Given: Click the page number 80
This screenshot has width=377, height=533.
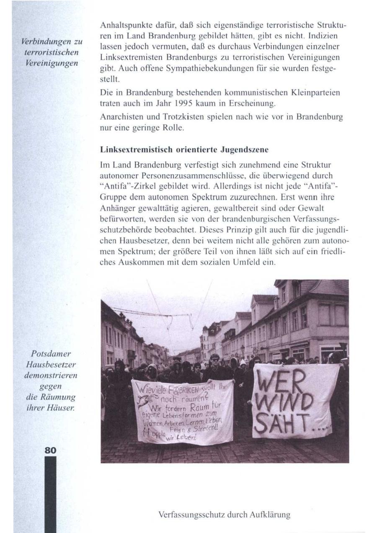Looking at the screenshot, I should (50, 451).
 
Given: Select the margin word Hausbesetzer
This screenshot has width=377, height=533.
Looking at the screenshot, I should (52, 364).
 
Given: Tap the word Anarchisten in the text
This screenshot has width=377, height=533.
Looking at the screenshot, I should (120, 117).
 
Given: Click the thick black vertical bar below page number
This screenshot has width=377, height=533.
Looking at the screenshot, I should (50, 494).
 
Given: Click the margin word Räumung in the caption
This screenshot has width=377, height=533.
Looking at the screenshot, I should (60, 396).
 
